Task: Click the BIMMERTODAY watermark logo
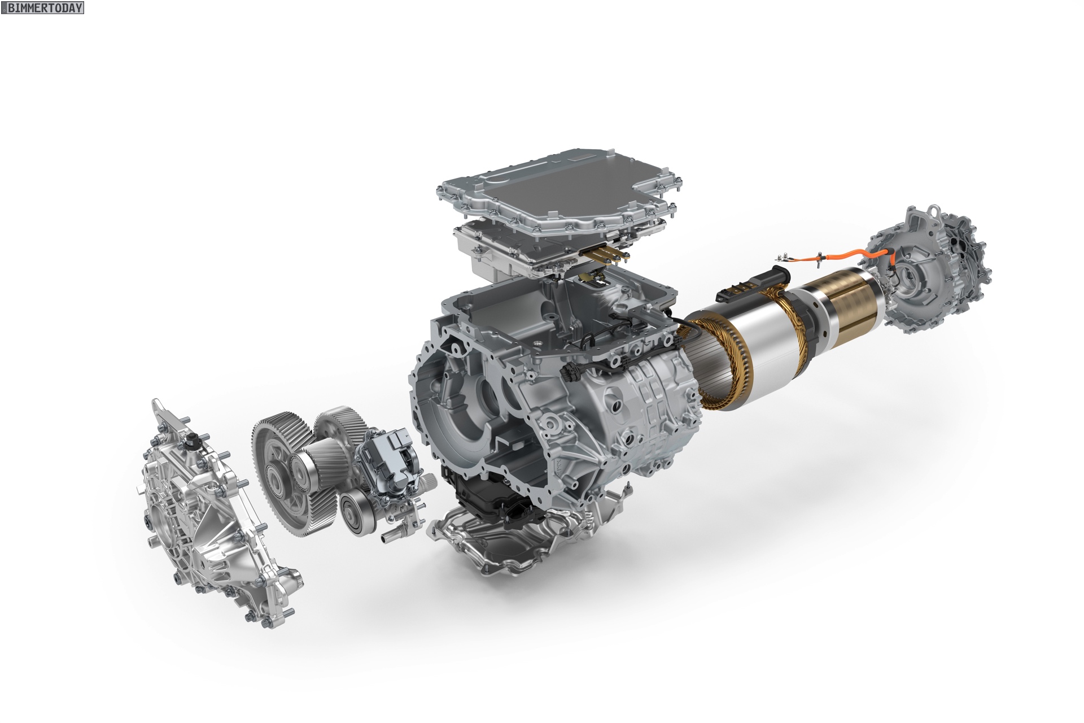pos(42,7)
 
